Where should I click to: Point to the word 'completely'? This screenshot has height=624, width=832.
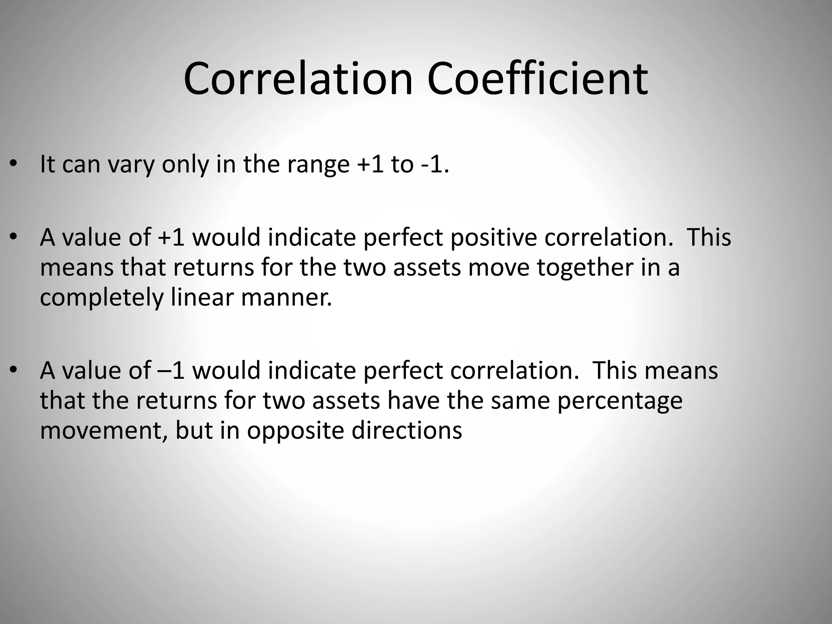pyautogui.click(x=102, y=299)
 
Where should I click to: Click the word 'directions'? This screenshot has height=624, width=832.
pyautogui.click(x=407, y=431)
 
